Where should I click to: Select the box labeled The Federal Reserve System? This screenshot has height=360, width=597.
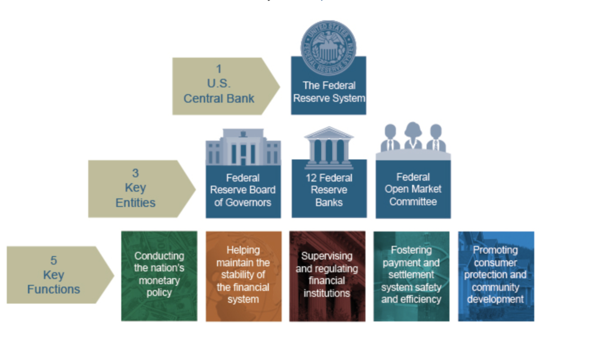[328, 92]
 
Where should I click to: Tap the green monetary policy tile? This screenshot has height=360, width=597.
[159, 276]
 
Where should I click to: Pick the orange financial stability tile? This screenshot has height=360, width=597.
[243, 276]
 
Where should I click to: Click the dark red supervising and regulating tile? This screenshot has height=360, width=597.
[327, 276]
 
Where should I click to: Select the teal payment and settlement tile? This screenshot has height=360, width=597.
[411, 276]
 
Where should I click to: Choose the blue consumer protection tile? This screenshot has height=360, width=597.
[496, 276]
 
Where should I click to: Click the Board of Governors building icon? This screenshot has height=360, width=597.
[243, 147]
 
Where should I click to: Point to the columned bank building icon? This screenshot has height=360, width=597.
[329, 147]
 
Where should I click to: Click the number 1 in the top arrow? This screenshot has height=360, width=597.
[219, 69]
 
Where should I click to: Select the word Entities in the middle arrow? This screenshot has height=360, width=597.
[135, 203]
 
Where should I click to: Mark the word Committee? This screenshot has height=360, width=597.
[413, 202]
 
